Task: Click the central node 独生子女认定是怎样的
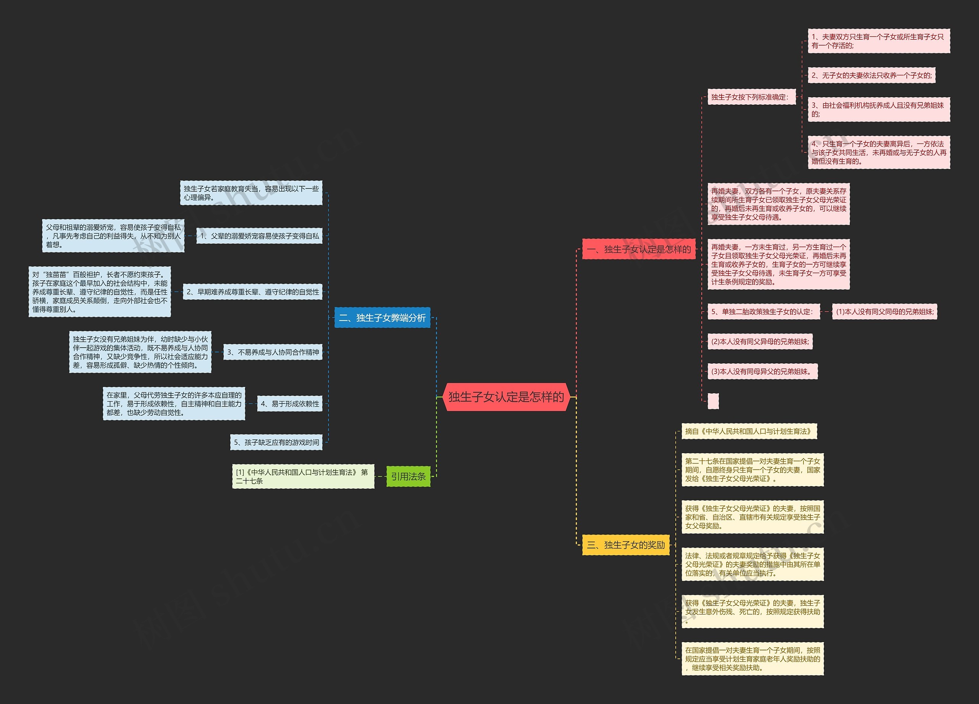506,397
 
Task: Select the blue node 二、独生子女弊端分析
382,318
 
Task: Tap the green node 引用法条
408,476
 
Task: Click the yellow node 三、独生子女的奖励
626,545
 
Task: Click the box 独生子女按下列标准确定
751,97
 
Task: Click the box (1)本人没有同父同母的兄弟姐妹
885,312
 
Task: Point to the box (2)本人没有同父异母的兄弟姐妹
760,341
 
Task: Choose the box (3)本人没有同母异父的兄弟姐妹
762,371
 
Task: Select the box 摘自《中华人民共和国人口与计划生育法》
749,431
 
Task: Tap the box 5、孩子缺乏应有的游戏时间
276,442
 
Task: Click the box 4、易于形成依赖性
289,403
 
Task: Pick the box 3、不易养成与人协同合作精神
273,352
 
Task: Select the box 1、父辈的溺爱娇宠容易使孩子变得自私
259,236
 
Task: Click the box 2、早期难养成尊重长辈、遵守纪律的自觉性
252,292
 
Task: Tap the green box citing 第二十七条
302,476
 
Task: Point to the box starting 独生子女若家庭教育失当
251,193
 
